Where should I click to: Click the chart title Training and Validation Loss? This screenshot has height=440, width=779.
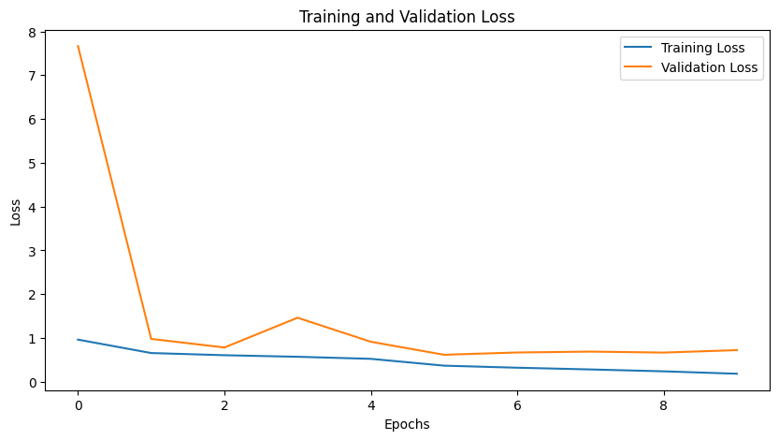[x=407, y=16]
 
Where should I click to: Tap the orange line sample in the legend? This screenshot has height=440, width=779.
[x=639, y=67]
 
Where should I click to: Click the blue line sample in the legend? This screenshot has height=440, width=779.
[x=639, y=48]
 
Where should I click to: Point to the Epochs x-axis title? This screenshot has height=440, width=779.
[x=407, y=424]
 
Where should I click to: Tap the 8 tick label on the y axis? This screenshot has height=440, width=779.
[x=32, y=32]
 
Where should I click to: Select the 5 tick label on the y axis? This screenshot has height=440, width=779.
[x=32, y=163]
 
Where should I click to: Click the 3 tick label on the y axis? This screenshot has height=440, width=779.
[x=32, y=251]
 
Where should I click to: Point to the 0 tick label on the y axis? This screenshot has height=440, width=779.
[x=32, y=382]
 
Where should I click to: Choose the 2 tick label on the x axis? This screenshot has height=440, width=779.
[x=224, y=406]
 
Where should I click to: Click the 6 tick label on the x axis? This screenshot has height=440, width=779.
[x=517, y=406]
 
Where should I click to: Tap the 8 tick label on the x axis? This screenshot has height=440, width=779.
[x=664, y=406]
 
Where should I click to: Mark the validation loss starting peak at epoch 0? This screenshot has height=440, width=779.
[x=78, y=46]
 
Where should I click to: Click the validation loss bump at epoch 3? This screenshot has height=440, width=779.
[x=297, y=317]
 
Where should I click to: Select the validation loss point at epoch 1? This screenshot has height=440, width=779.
[x=151, y=339]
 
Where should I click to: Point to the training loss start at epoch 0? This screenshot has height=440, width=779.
[x=78, y=340]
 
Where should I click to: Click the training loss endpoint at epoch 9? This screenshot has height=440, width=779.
[x=737, y=374]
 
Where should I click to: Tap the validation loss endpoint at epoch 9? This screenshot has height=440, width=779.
[x=737, y=350]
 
